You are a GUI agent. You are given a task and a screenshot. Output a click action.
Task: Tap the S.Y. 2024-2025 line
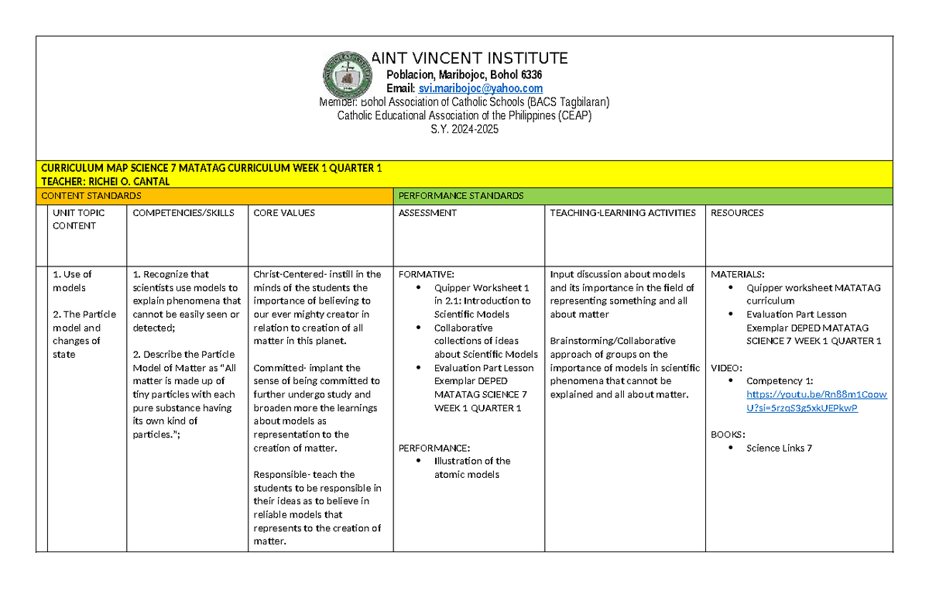coord(464,129)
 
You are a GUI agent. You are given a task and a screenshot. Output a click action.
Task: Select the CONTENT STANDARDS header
coord(91,196)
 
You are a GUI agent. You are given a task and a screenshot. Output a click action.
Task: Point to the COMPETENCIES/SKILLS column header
coord(183,213)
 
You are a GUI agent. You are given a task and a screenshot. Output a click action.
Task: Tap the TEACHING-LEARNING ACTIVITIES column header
coord(622,213)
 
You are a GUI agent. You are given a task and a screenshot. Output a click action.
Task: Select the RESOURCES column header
coord(737,213)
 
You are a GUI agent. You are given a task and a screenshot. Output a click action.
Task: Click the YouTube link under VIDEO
coord(816,401)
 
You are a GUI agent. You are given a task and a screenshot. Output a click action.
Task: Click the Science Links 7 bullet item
coord(779,448)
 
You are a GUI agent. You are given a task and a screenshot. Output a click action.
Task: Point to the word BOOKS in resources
coord(728,435)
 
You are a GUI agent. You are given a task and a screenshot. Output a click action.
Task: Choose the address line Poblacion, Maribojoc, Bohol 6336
coord(464,74)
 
